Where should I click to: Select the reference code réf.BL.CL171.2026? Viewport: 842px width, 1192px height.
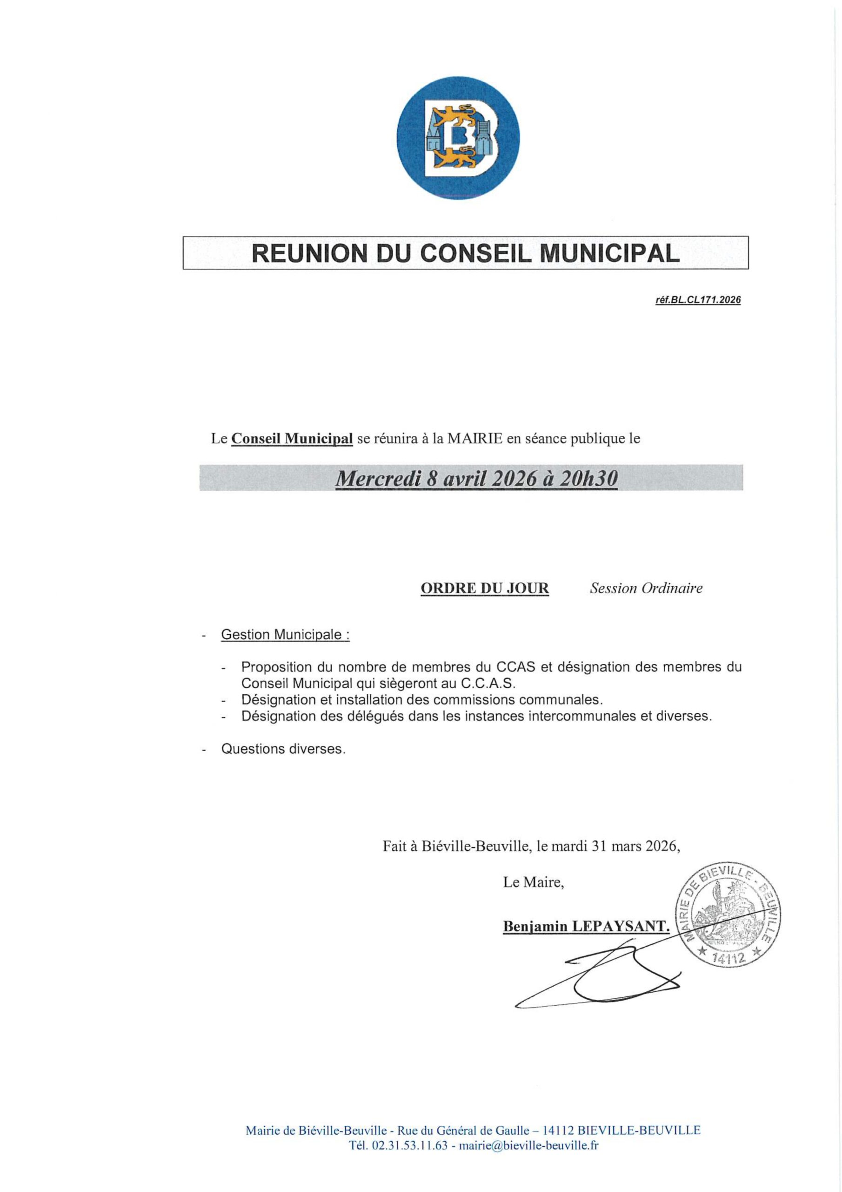click(698, 300)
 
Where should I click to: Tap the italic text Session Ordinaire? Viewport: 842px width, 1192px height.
click(646, 588)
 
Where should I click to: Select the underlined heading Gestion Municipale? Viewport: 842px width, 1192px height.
click(284, 635)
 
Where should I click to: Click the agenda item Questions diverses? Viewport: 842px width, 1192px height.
click(283, 749)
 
